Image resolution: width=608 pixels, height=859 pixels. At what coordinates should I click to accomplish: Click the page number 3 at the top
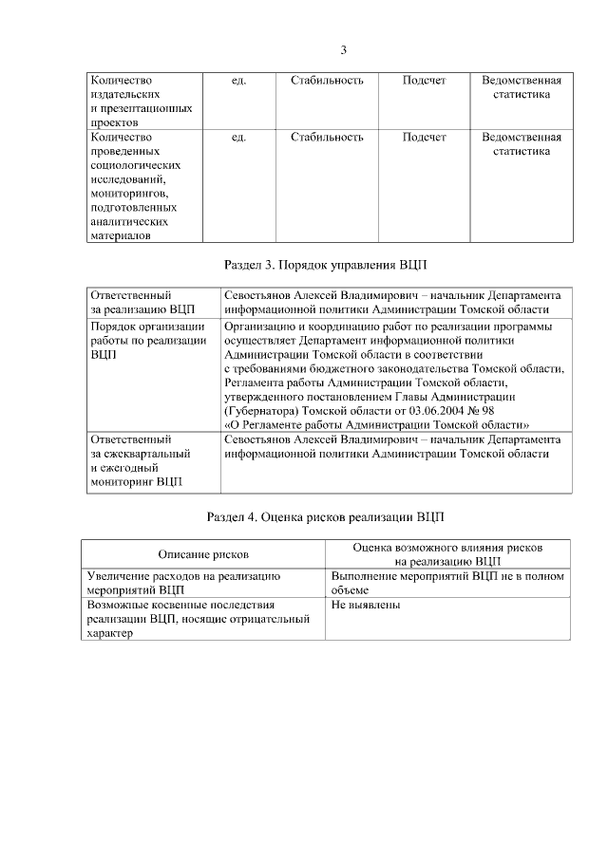pyautogui.click(x=344, y=50)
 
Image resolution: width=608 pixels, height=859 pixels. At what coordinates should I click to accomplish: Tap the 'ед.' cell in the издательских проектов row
pyautogui.click(x=238, y=81)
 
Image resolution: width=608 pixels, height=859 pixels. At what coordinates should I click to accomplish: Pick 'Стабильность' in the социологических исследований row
pyautogui.click(x=327, y=137)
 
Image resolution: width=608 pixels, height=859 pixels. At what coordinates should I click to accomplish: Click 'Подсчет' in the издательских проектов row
pyautogui.click(x=424, y=81)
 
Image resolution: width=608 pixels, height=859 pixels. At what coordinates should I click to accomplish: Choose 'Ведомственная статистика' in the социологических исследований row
pyautogui.click(x=522, y=143)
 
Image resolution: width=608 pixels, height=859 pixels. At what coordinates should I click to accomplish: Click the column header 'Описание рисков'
pyautogui.click(x=203, y=553)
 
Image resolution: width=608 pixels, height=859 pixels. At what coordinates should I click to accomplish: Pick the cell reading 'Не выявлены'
pyautogui.click(x=366, y=604)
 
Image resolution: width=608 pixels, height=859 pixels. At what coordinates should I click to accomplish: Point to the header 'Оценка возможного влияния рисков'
pyautogui.click(x=447, y=548)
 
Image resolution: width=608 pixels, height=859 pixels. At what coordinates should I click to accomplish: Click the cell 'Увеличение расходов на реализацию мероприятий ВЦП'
pyautogui.click(x=181, y=582)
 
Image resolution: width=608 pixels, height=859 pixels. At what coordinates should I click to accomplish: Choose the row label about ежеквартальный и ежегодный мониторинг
pyautogui.click(x=139, y=460)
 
